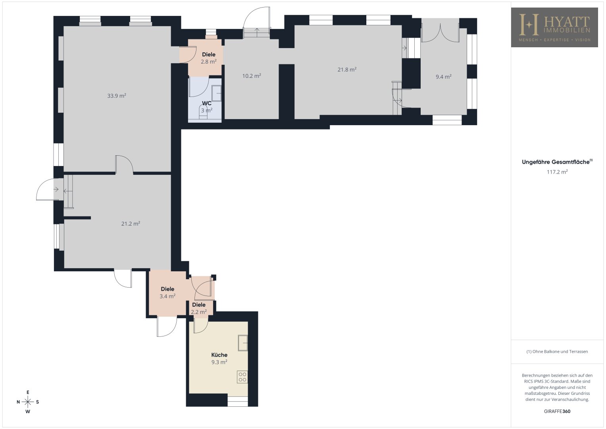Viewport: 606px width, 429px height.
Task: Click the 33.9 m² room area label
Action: [x=117, y=96]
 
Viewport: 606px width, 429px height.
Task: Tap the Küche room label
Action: [x=219, y=355]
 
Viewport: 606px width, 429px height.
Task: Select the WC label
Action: [x=207, y=103]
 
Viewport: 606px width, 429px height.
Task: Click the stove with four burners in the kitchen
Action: [x=242, y=377]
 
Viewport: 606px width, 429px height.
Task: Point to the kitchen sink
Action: [x=242, y=343]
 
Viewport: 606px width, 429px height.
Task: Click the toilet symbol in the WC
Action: [x=203, y=112]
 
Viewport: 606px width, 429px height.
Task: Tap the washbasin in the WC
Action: [x=216, y=93]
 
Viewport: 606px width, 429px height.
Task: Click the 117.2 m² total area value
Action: [x=557, y=172]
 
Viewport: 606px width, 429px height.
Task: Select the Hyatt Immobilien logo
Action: [x=554, y=27]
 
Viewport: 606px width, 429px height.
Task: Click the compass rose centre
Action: [x=28, y=402]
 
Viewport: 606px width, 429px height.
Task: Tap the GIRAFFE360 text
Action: [x=557, y=411]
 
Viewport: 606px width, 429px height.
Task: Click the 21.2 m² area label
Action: [x=131, y=223]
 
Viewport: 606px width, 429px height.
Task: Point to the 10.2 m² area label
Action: [x=252, y=76]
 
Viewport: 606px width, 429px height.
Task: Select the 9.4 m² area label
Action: [x=443, y=77]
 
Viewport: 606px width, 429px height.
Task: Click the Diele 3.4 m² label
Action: [x=167, y=292]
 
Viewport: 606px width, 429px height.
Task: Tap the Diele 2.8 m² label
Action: [x=209, y=58]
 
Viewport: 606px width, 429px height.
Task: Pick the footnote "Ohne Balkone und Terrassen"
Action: [x=557, y=351]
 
